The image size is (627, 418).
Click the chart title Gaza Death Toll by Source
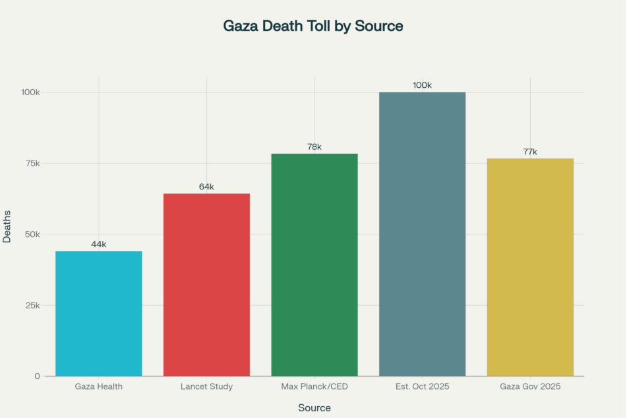[313, 26]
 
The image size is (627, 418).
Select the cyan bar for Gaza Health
[99, 314]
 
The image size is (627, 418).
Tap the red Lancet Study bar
[206, 284]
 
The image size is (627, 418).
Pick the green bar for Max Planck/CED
[314, 264]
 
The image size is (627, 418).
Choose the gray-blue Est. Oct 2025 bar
[422, 234]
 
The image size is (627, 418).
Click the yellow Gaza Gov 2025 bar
[530, 267]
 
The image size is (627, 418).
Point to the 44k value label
[99, 244]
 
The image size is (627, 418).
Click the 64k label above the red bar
[206, 187]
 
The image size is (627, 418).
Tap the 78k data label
[314, 147]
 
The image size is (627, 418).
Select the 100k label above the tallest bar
[422, 85]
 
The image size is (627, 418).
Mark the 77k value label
[530, 152]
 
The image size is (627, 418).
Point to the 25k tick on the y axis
[31, 305]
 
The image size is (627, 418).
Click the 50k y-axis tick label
[31, 234]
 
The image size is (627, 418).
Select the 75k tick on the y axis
[31, 163]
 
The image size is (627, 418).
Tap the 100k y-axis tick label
[30, 92]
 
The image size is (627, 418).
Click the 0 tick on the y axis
[38, 376]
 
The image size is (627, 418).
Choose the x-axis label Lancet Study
[206, 386]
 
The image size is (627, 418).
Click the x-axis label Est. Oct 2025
[422, 386]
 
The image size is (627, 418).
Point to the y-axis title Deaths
[7, 226]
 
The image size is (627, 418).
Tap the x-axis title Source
[314, 408]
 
